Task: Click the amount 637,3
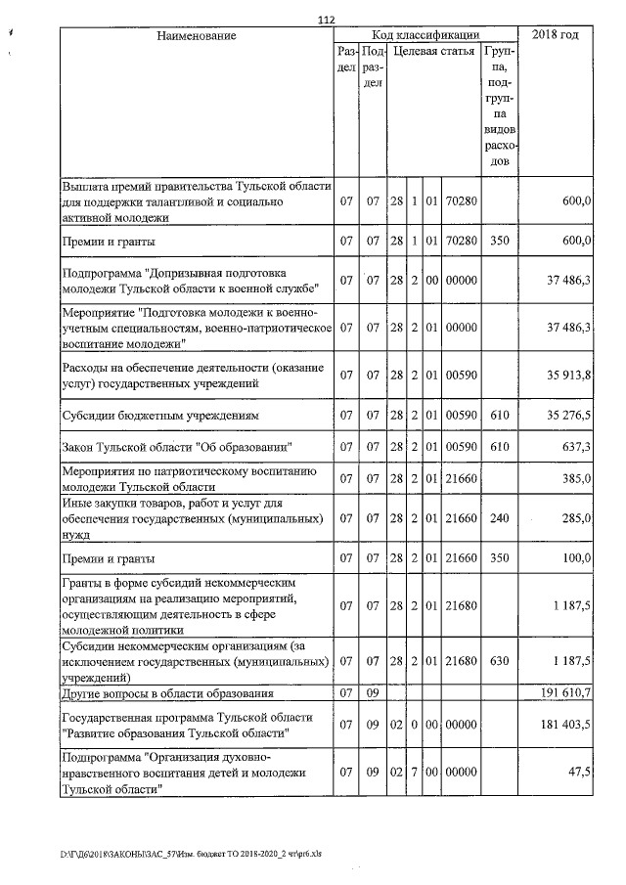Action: pyautogui.click(x=574, y=447)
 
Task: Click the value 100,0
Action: pyautogui.click(x=575, y=557)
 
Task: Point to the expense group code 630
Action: pyautogui.click(x=499, y=660)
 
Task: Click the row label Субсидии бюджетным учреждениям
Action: pyautogui.click(x=160, y=415)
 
